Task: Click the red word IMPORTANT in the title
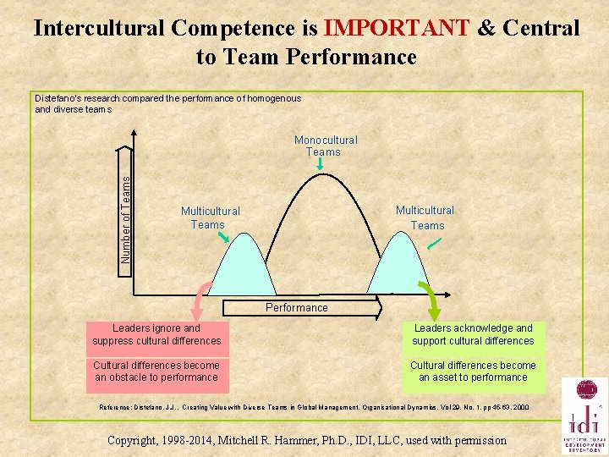[396, 28]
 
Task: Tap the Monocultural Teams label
[326, 146]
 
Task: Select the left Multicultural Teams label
[210, 217]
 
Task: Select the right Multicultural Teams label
[425, 217]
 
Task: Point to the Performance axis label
[297, 308]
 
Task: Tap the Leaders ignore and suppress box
[157, 334]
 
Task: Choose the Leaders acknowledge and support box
[473, 334]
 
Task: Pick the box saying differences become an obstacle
[157, 372]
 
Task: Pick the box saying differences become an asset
[473, 372]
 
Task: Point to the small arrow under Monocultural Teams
[320, 166]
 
